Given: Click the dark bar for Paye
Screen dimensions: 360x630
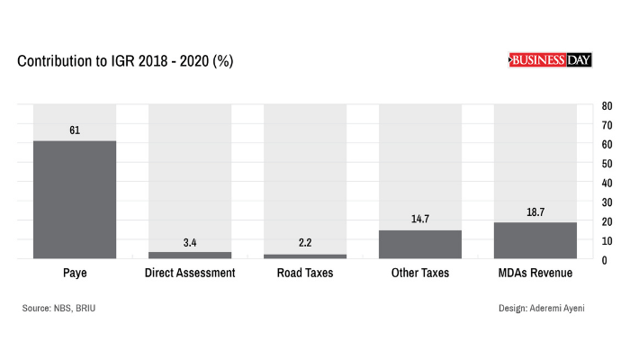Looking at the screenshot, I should [75, 200].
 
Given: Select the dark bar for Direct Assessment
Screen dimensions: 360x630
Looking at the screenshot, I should [190, 256].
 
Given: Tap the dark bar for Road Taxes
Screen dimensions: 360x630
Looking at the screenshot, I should [305, 256].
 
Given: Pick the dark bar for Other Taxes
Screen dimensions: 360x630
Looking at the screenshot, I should [420, 244].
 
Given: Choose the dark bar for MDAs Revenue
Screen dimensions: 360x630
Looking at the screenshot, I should [535, 240].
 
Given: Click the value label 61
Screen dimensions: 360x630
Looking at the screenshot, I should [75, 130].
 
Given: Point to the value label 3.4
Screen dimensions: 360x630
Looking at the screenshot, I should [190, 242].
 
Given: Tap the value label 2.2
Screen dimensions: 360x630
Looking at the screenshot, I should [305, 244].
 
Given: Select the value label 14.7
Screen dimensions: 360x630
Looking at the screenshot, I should [420, 220].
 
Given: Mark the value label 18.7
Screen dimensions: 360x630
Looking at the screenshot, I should [535, 212].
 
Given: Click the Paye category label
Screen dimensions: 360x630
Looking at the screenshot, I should [75, 273].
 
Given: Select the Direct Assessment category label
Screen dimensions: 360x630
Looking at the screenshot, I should [190, 273].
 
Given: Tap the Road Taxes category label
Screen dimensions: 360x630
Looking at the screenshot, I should [305, 273].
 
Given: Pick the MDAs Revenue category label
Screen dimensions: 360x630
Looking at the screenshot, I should [535, 273].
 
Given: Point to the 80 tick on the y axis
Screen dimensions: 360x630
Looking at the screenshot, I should [607, 106].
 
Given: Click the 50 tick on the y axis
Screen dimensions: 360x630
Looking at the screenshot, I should [607, 164].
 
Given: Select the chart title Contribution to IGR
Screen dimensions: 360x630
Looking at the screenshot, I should [125, 61].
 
